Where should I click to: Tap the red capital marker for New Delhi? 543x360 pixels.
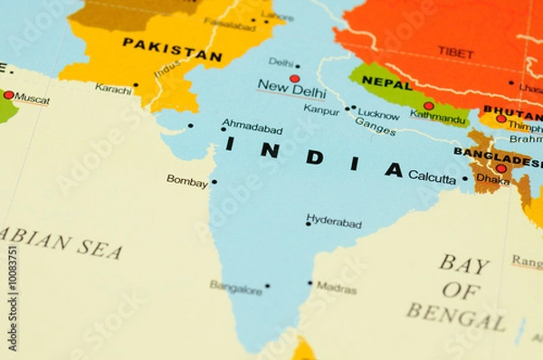coord(294,79)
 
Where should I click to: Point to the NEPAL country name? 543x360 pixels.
coord(386,82)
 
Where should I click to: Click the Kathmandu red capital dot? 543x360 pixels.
coord(428,106)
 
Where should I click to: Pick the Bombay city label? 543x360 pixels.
coord(186,181)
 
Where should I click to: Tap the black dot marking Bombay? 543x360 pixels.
coord(214,182)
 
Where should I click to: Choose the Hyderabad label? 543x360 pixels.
coord(334,222)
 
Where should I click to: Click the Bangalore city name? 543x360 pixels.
coord(235,287)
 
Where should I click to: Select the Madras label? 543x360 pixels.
coord(336,288)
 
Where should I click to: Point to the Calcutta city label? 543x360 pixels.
coord(432,178)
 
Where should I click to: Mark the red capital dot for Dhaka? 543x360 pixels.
coord(500,168)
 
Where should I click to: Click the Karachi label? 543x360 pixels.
coord(113,89)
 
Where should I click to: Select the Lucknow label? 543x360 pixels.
coord(378,114)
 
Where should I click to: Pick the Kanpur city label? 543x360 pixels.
coord(321,109)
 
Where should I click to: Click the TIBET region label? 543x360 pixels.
coord(455,52)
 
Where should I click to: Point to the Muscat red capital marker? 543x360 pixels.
coord(9,94)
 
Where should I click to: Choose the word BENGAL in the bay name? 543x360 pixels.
coord(455,317)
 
